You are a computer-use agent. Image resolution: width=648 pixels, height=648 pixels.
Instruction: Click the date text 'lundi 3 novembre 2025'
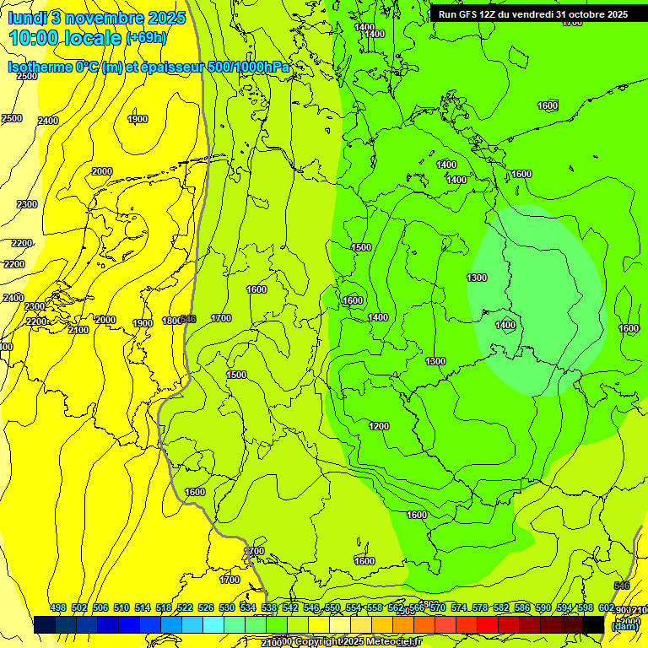click(x=97, y=18)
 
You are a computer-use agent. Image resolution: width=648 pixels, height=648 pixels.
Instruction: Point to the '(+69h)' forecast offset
click(x=146, y=38)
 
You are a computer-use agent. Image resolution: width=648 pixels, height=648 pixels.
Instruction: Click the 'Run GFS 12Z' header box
click(x=532, y=14)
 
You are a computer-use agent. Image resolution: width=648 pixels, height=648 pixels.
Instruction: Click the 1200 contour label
click(x=379, y=426)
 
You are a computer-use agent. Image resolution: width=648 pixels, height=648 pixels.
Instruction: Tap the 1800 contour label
click(x=171, y=321)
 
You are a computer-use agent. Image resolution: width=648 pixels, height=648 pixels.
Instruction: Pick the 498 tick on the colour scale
click(x=58, y=607)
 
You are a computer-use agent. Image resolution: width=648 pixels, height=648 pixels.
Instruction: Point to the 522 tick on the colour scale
click(x=185, y=607)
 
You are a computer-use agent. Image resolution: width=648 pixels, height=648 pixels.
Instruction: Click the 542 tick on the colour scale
click(x=290, y=607)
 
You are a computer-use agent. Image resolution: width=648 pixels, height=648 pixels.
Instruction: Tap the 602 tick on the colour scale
click(x=606, y=607)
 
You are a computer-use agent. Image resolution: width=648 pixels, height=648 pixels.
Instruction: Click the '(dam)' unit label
click(x=624, y=626)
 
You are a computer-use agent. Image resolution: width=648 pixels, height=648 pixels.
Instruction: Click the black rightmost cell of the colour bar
click(x=593, y=624)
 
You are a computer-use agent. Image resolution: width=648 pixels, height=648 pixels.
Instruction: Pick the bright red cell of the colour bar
click(x=488, y=624)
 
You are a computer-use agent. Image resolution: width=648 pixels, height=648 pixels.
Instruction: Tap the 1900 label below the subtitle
click(x=138, y=119)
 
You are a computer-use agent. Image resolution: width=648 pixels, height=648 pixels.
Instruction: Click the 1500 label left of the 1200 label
click(x=236, y=375)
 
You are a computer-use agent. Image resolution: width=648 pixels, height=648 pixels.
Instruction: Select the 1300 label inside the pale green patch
click(x=477, y=278)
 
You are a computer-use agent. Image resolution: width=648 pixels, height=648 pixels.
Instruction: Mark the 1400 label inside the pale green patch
click(x=505, y=325)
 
